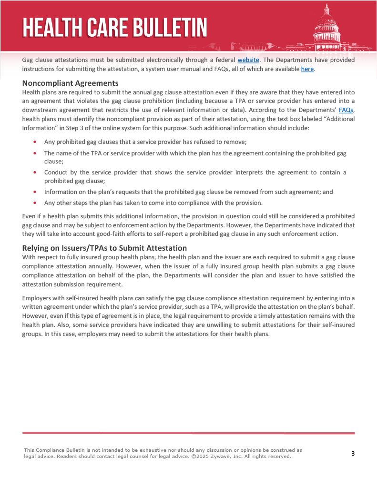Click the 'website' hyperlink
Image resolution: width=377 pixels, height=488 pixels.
tap(248, 60)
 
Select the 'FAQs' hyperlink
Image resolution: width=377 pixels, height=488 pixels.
tap(346, 110)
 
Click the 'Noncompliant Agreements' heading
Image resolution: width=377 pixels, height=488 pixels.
tap(70, 83)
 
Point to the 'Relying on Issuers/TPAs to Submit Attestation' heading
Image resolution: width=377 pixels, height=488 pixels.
tap(104, 248)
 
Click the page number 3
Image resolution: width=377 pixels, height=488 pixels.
tap(353, 453)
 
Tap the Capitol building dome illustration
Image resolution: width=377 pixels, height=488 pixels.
tap(327, 26)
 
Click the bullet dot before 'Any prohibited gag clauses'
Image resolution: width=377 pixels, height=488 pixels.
tap(35, 142)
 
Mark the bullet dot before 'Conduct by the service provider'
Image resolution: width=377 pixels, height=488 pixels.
tap(35, 172)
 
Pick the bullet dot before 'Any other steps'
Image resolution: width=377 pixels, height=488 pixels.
tap(35, 203)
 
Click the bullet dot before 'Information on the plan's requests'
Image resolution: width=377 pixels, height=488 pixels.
tap(35, 192)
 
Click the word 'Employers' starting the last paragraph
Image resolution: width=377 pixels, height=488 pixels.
tap(38, 297)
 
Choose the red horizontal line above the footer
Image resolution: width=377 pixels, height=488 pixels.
tap(188, 433)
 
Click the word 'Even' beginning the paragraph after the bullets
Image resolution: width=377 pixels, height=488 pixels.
tap(30, 216)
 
